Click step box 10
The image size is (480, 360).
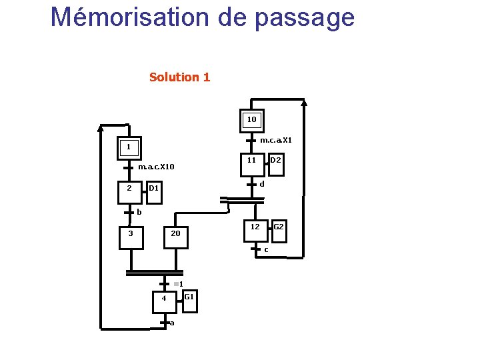point(251,121)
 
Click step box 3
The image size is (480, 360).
point(131,235)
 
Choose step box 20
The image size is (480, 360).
point(175,235)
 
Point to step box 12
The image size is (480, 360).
point(255,229)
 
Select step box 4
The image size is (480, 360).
point(164,299)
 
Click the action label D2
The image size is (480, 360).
point(275,161)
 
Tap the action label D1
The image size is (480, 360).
point(153,189)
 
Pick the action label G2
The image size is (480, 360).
point(279,227)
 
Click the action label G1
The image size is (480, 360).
point(189,297)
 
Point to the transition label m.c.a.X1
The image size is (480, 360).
point(275,141)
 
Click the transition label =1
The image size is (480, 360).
point(178,284)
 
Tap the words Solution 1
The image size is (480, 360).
point(179,77)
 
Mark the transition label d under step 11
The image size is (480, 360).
point(262,184)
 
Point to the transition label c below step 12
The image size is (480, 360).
point(266,250)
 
